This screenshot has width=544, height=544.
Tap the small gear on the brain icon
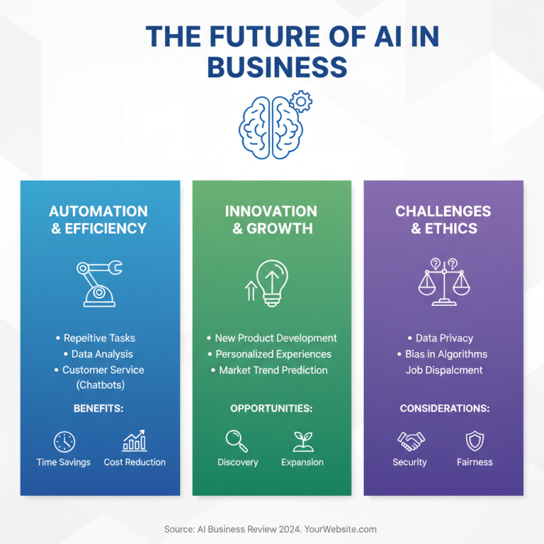click(301, 101)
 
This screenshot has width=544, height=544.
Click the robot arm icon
click(99, 284)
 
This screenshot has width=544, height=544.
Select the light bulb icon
click(273, 283)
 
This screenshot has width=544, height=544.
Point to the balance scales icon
click(444, 282)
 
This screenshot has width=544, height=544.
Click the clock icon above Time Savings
click(65, 441)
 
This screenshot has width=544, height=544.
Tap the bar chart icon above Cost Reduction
click(135, 441)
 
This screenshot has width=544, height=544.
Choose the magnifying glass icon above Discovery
click(237, 441)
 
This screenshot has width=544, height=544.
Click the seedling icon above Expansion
click(303, 441)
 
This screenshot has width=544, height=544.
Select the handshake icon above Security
click(411, 441)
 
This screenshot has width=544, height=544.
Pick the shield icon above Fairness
click(475, 441)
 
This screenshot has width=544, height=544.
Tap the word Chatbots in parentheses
click(101, 385)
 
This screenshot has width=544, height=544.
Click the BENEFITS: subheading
click(99, 409)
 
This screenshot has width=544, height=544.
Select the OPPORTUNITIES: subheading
click(271, 409)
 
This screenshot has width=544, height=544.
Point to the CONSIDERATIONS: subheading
click(445, 409)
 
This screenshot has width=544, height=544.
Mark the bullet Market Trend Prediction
click(273, 370)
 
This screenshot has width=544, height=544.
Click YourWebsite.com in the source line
click(341, 530)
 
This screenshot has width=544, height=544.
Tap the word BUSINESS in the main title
click(277, 67)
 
